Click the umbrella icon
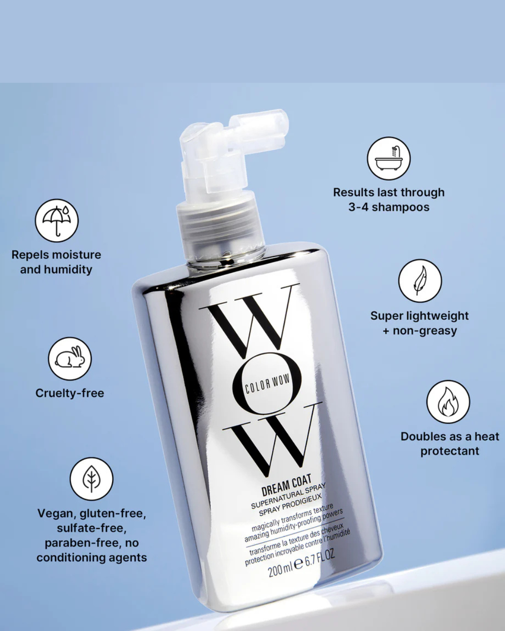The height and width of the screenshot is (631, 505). pos(57,221)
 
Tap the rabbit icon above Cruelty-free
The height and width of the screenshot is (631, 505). pos(70,359)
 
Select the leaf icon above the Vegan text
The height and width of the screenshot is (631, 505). pos(91,479)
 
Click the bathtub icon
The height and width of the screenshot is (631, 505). pos(389,158)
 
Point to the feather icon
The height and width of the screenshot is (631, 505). pos(420,280)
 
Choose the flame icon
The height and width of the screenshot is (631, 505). pos(448,402)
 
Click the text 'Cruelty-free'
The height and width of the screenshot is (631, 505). pos(70,393)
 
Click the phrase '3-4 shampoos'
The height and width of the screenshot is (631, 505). pos(389,208)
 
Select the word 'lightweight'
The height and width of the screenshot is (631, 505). pos(438,316)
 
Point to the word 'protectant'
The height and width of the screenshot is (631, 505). pos(449,451)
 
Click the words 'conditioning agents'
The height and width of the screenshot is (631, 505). pos(92,558)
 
